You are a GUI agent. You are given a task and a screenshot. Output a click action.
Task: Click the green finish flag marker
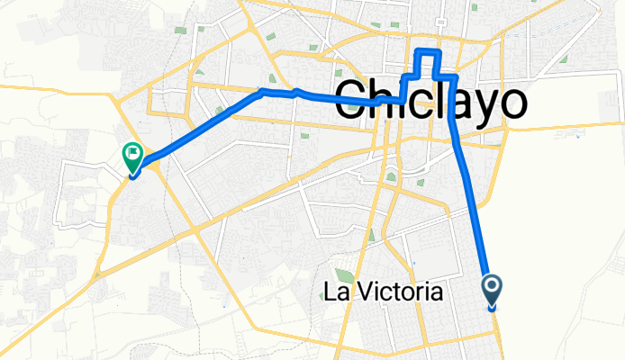click(131, 158)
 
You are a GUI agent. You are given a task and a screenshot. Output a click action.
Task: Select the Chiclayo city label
click(430, 101)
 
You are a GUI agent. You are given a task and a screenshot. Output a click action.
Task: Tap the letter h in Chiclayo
click(388, 101)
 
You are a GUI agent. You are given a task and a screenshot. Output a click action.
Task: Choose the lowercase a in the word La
click(346, 293)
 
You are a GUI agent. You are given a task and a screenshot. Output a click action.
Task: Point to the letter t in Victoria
click(393, 292)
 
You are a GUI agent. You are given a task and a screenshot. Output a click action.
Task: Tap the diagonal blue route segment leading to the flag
click(198, 126)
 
